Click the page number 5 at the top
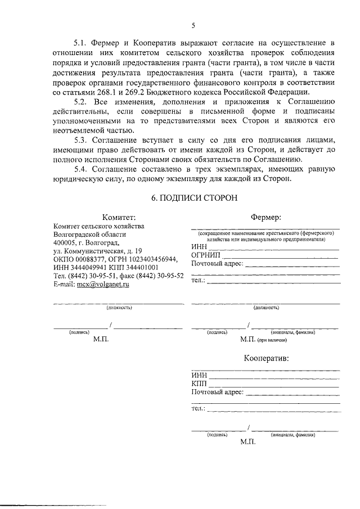[193, 25]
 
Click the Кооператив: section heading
[266, 358]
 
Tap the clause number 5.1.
[82, 43]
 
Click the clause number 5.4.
[82, 169]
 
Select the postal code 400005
[65, 242]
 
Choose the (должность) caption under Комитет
[119, 308]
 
